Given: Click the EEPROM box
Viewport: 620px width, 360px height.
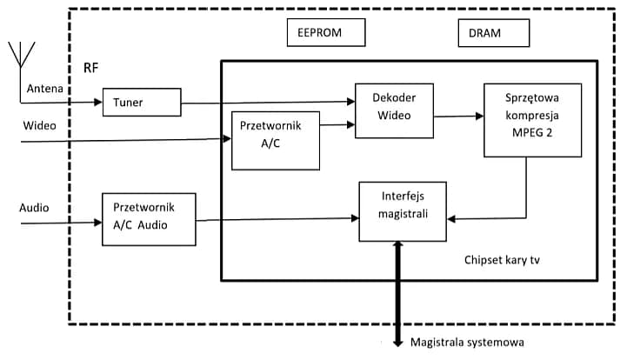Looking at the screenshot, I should [326, 33].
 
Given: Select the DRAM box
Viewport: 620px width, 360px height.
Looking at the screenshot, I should [493, 33].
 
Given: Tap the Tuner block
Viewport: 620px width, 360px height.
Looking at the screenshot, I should [142, 103].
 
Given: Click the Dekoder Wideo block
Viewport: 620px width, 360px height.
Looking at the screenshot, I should [394, 110].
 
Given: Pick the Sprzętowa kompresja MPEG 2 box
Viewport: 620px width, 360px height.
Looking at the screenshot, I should [532, 120].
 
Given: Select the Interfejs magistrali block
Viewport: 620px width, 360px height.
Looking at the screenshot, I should [403, 211].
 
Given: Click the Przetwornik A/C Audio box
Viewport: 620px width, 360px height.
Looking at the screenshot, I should [149, 217].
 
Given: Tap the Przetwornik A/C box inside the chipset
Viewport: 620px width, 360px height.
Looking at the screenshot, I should [276, 140].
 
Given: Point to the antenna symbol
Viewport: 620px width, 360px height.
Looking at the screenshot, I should [21, 54].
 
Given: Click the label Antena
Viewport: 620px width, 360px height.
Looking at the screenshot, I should [44, 89].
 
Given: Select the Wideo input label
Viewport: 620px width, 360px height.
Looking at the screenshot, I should [40, 126].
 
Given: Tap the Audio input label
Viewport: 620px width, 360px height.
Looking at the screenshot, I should [35, 208].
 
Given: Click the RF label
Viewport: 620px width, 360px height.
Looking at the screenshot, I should [91, 68].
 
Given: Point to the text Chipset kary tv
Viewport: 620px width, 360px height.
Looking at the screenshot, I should [502, 260].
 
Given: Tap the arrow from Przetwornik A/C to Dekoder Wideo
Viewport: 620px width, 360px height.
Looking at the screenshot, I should [337, 125].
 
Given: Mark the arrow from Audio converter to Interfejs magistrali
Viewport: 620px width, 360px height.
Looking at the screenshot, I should [278, 218].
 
